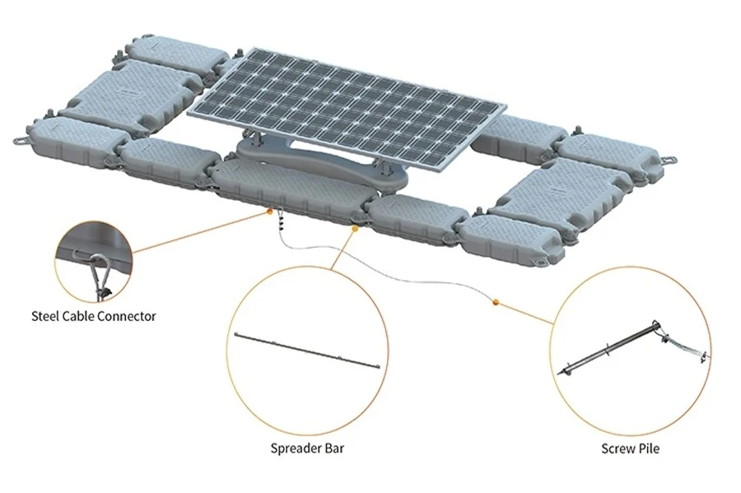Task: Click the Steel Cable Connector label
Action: click(94, 316)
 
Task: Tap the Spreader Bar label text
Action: click(307, 448)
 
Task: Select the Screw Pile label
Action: click(630, 448)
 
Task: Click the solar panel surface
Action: click(347, 108)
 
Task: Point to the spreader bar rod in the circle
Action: click(307, 351)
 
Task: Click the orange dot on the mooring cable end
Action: click(496, 302)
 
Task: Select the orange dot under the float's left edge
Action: click(269, 212)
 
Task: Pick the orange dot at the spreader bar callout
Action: click(355, 229)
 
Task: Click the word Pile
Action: click(648, 448)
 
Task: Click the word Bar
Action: click(333, 448)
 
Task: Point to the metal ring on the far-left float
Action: click(20, 141)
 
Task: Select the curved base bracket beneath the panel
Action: click(321, 163)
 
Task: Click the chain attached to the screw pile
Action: click(683, 348)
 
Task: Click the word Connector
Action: click(129, 316)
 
